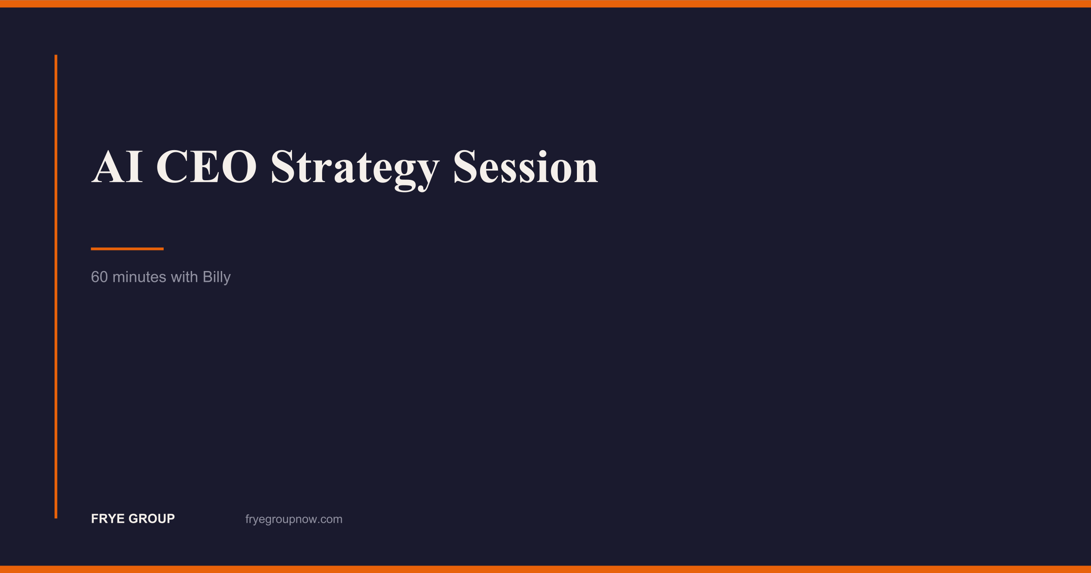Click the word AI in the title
click(x=117, y=166)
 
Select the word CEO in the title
click(x=206, y=166)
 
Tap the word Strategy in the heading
click(x=355, y=170)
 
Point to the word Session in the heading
click(x=526, y=166)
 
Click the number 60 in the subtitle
click(x=99, y=277)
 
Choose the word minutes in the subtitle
click(x=139, y=277)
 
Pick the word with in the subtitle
click(x=184, y=277)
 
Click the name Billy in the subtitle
click(x=216, y=278)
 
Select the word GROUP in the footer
click(x=152, y=518)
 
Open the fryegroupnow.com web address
click(x=294, y=519)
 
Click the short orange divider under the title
click(x=127, y=249)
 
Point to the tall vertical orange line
click(x=56, y=286)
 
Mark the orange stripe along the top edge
click(x=545, y=3)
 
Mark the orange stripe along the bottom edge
click(x=545, y=569)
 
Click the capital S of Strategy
click(x=282, y=166)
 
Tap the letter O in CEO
click(x=239, y=166)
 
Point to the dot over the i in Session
click(x=543, y=154)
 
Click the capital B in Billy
click(x=208, y=277)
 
